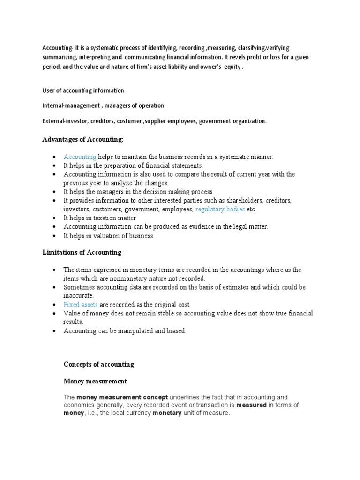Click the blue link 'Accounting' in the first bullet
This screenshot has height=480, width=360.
tap(80, 157)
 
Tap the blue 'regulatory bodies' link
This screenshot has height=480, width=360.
tap(220, 210)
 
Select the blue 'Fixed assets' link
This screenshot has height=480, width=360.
tap(81, 305)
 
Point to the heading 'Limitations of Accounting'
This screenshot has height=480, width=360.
tap(82, 252)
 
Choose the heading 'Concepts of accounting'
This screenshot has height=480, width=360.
tap(98, 364)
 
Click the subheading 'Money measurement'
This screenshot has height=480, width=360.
tap(95, 382)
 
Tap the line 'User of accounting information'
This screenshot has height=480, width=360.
tap(82, 90)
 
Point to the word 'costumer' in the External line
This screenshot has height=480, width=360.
tap(129, 121)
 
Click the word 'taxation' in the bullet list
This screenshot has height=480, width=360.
tap(104, 218)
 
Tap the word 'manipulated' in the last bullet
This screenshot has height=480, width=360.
tap(128, 331)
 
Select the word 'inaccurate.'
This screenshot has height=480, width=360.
tap(79, 296)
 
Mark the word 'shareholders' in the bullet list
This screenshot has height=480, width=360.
tap(245, 201)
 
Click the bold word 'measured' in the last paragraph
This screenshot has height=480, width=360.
tap(251, 405)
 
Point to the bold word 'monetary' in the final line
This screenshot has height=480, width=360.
tap(167, 413)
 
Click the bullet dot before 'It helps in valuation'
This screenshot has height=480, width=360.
tap(55, 236)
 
